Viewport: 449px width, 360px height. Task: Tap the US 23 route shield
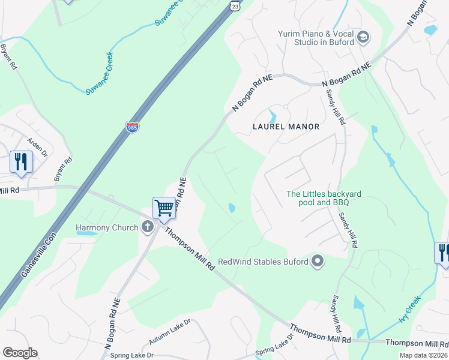pyautogui.click(x=236, y=5)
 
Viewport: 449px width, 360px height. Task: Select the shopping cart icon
pyautogui.click(x=164, y=208)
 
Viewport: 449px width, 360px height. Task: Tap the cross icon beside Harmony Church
pyautogui.click(x=148, y=227)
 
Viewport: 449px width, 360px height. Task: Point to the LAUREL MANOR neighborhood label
pyautogui.click(x=286, y=127)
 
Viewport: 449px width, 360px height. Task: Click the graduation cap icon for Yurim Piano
pyautogui.click(x=363, y=38)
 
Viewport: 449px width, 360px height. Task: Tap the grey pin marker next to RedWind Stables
pyautogui.click(x=318, y=261)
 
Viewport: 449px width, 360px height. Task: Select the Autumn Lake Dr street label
pyautogui.click(x=169, y=331)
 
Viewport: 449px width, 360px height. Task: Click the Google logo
pyautogui.click(x=20, y=353)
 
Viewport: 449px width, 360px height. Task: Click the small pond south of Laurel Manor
pyautogui.click(x=231, y=208)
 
